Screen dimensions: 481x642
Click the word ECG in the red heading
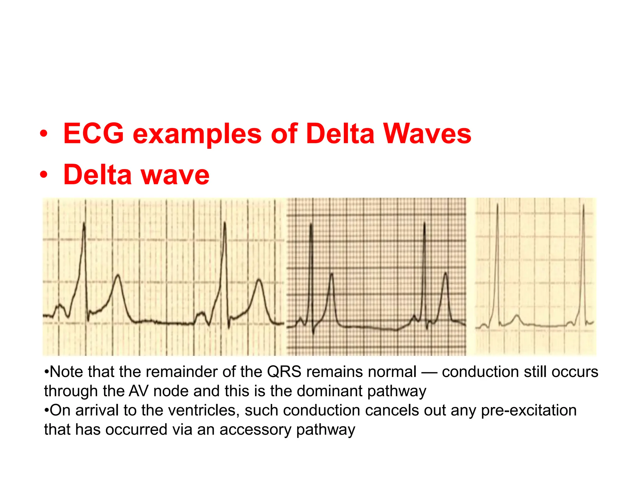[x=93, y=134]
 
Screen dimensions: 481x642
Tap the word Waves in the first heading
[x=428, y=134]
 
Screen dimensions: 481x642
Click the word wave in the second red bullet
[x=175, y=175]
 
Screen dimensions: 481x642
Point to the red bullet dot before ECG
[x=44, y=135]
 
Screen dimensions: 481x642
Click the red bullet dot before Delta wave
[x=44, y=175]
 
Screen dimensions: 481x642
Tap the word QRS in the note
[x=284, y=372]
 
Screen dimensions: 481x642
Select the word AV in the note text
[x=138, y=391]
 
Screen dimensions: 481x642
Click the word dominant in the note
[x=329, y=391]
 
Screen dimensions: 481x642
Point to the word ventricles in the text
[x=203, y=411]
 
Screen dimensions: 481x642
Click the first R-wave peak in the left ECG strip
[x=84, y=223]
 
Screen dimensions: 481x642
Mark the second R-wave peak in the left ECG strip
[x=225, y=223]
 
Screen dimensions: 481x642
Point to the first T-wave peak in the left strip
[x=118, y=275]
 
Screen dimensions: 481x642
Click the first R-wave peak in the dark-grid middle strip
[x=311, y=224]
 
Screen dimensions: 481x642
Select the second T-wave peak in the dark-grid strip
[x=445, y=273]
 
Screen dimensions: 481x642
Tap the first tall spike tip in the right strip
[x=497, y=204]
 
